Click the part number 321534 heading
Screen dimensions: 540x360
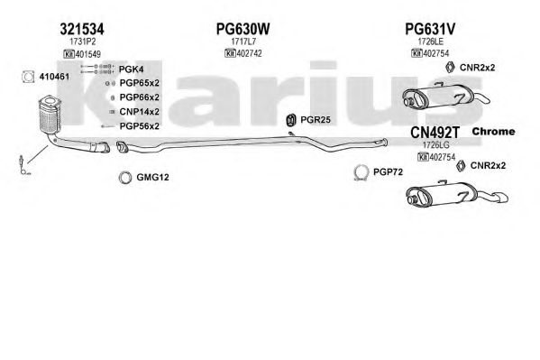click(x=82, y=29)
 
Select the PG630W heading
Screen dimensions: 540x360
click(x=243, y=29)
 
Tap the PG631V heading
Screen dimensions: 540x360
click(x=430, y=29)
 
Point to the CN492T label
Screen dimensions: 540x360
click(x=435, y=132)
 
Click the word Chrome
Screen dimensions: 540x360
click(x=493, y=132)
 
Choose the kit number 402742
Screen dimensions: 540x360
click(x=250, y=53)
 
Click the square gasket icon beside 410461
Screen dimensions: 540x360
click(x=28, y=77)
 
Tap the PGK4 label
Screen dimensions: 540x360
click(x=132, y=69)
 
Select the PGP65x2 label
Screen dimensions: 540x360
click(x=140, y=83)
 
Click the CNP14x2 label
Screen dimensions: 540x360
click(x=140, y=112)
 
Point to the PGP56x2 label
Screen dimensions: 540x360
click(x=140, y=126)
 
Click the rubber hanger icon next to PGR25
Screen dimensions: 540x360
click(x=291, y=120)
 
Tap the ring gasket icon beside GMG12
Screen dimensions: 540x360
click(x=125, y=178)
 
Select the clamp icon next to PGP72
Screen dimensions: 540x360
click(x=361, y=172)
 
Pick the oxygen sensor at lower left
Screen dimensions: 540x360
click(x=23, y=165)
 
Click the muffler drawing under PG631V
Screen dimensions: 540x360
click(x=445, y=95)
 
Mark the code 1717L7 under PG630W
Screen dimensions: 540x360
click(x=243, y=42)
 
